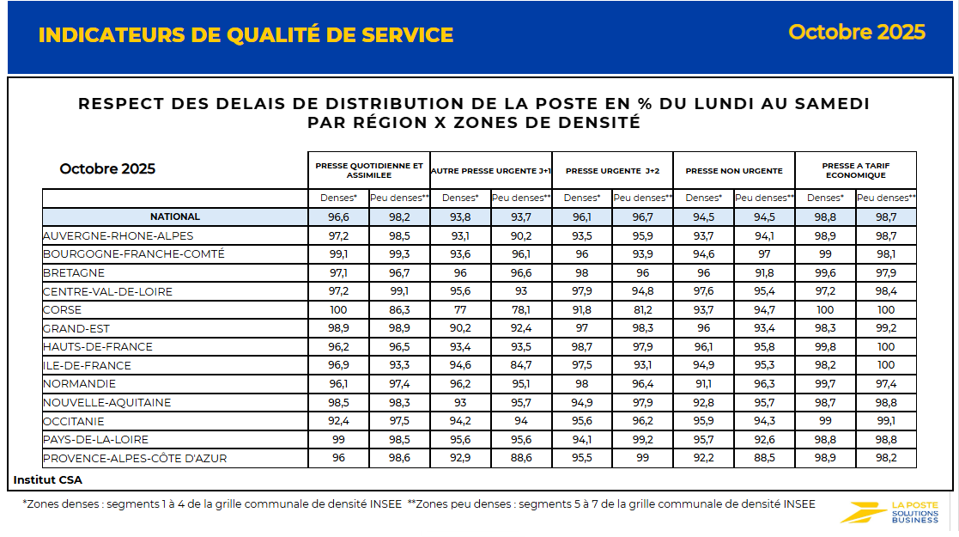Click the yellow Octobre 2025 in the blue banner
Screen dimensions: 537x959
856,32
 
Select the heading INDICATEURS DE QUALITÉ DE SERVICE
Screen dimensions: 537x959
246,35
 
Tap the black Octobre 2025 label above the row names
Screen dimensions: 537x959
107,168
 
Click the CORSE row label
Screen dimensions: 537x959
64,310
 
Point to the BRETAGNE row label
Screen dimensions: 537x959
74,272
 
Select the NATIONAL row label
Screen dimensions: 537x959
175,217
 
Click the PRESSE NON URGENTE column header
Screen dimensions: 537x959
734,171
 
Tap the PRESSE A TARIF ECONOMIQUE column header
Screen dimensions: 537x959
855,170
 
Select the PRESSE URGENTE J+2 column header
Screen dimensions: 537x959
612,171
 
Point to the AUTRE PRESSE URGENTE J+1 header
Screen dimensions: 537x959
490,171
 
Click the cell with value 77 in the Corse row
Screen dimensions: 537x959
460,310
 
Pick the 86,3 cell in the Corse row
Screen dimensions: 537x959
399,310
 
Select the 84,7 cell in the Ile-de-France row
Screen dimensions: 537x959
521,366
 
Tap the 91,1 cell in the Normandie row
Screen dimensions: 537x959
704,384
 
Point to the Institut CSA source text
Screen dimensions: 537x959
48,479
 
